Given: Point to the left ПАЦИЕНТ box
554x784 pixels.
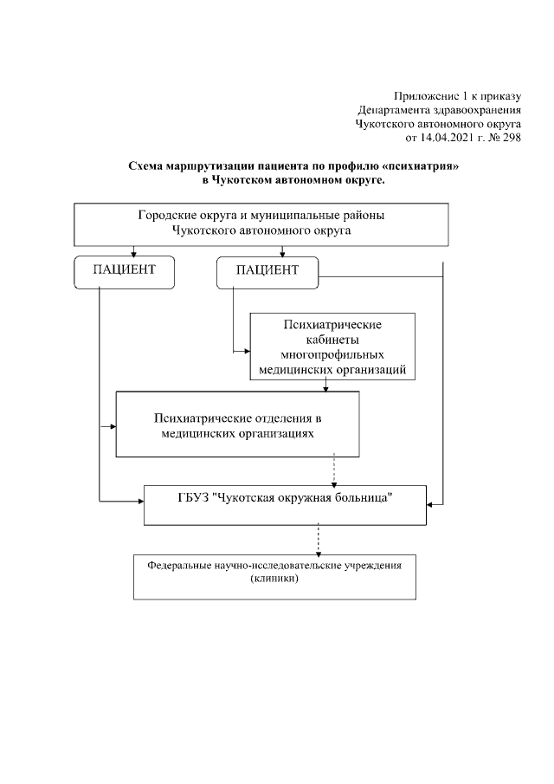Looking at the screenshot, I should (125, 270).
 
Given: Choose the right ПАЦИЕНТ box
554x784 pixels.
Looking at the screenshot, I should (267, 270).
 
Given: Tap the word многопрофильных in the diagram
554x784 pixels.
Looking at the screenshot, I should (332, 355).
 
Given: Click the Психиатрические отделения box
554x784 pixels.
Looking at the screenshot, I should (237, 423).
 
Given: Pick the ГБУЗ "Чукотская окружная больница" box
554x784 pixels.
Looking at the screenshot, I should (284, 503).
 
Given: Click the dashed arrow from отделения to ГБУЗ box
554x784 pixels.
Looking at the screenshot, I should (334, 471).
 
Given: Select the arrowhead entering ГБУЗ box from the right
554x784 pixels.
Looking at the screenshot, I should (430, 503).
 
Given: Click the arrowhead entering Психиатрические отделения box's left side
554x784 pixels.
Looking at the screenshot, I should (113, 426).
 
